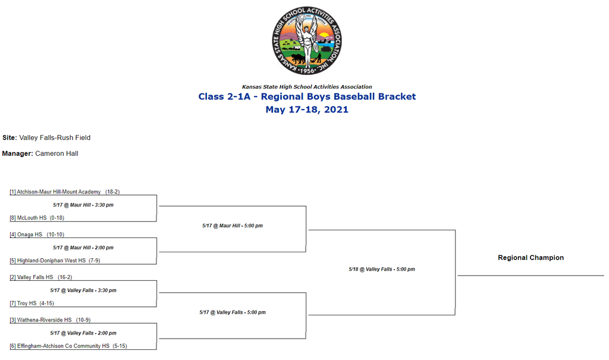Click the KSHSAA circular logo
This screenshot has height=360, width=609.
[307, 40]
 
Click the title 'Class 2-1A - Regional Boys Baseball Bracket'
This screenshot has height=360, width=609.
[307, 96]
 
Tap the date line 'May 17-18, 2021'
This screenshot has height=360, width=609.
[307, 109]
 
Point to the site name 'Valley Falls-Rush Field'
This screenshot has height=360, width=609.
[55, 137]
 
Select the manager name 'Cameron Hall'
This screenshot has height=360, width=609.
[56, 154]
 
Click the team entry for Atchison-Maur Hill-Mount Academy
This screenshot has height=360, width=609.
[64, 192]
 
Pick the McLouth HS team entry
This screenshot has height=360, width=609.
[37, 218]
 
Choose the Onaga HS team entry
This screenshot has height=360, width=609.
[37, 234]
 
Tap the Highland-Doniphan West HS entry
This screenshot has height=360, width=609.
[55, 261]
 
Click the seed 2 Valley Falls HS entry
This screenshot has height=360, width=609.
[41, 277]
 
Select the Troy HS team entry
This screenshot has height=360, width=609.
[32, 303]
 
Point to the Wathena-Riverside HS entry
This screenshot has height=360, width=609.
[50, 320]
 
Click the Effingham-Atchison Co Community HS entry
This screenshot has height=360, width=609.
[68, 346]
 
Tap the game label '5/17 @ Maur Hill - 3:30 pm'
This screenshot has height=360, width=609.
[83, 205]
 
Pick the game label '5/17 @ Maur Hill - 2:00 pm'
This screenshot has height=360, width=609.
[83, 248]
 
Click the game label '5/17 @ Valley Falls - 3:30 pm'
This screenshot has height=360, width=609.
[83, 290]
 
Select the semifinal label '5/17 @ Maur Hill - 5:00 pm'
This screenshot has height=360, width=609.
[233, 226]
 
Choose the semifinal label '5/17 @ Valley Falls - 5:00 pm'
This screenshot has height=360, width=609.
[233, 312]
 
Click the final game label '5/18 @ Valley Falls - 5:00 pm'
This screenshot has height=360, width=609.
[382, 269]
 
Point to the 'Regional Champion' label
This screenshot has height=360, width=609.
[531, 258]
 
